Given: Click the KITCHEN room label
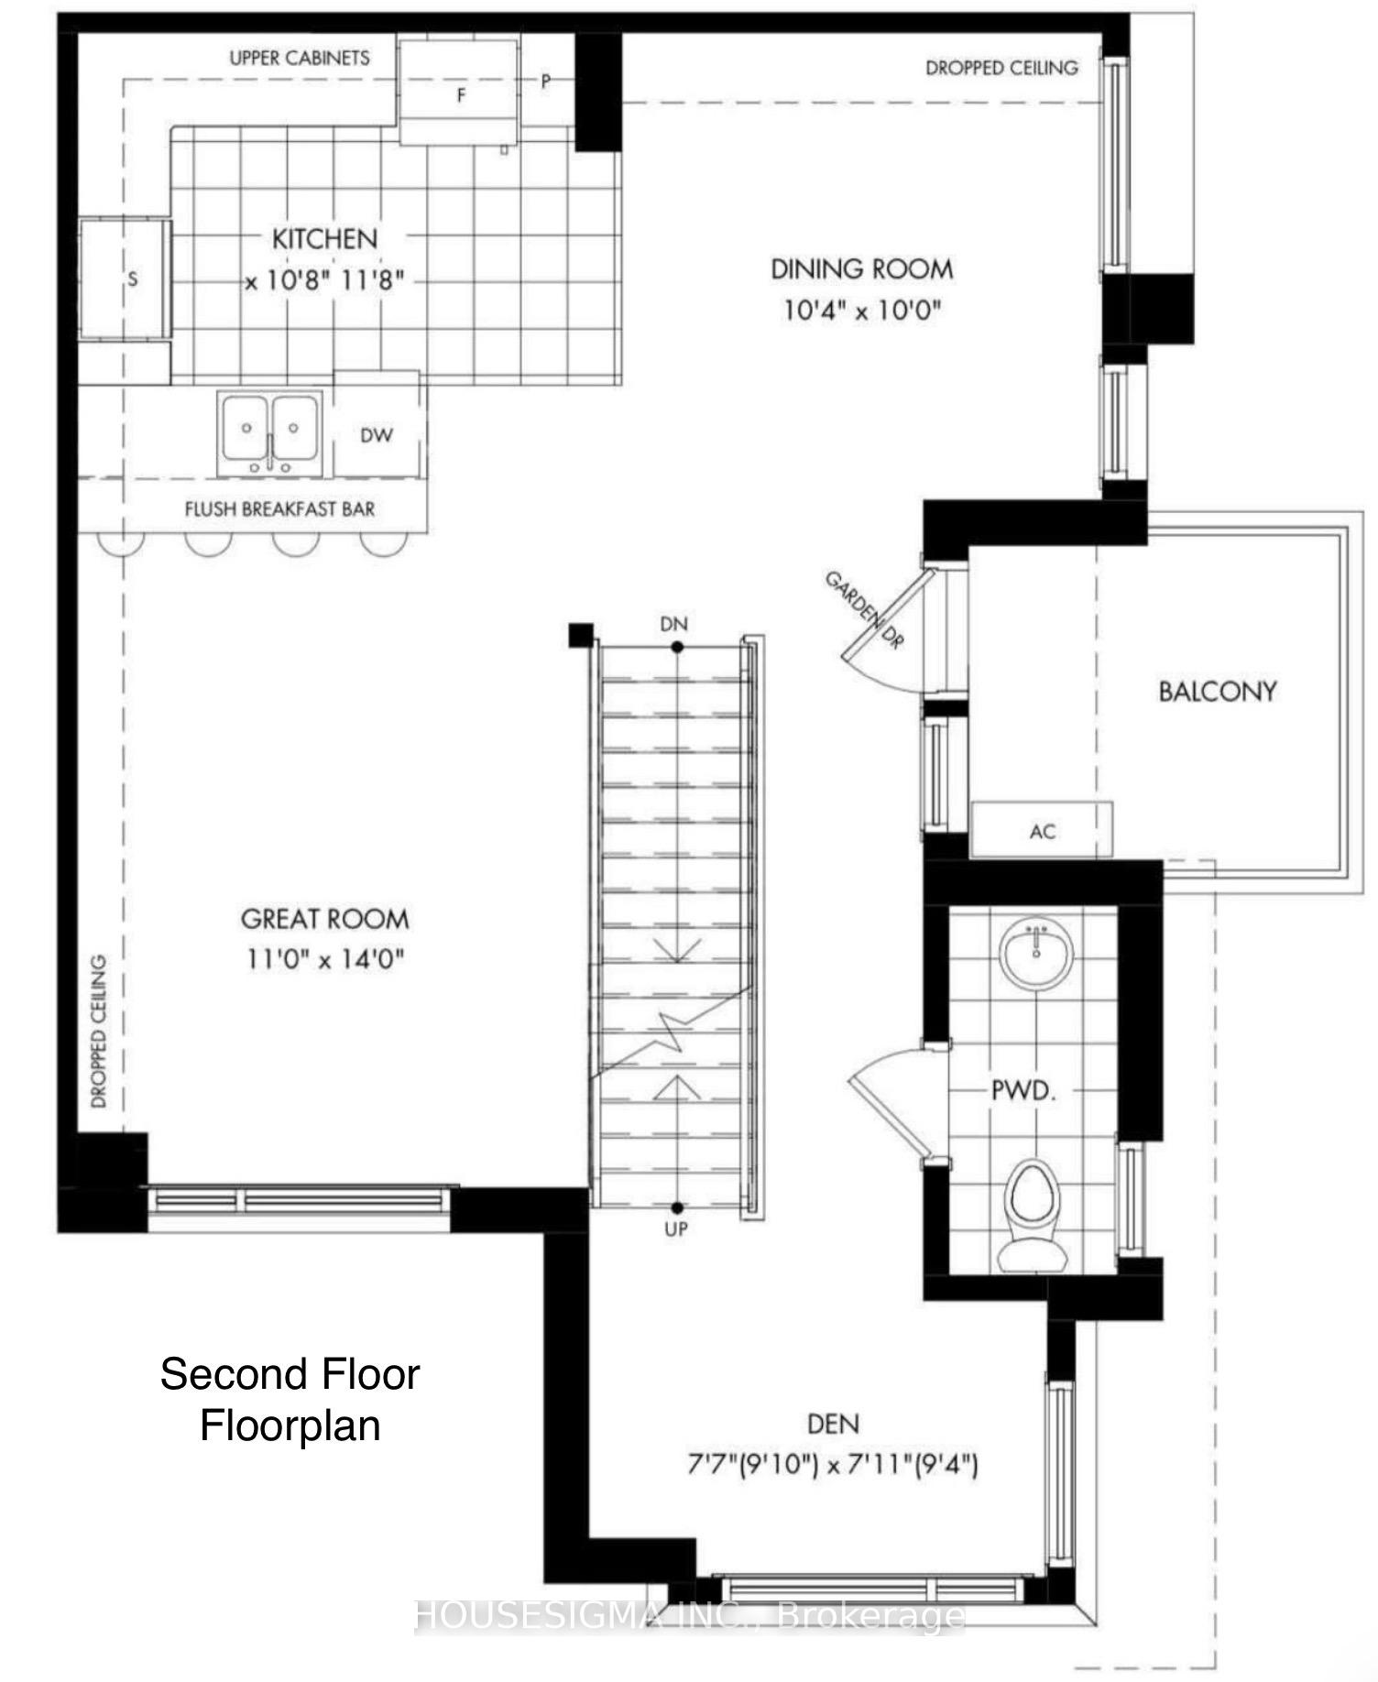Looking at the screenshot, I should (x=324, y=239).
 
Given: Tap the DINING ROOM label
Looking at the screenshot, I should (x=861, y=269).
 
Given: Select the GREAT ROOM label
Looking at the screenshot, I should (x=324, y=919).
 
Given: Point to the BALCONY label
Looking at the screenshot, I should (x=1217, y=691).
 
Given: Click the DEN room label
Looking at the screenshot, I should (x=833, y=1424).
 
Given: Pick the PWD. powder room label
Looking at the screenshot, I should (x=1023, y=1091).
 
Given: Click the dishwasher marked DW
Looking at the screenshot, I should (x=376, y=435).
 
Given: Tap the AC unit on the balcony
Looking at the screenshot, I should (x=1042, y=830).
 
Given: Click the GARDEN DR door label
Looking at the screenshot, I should (x=864, y=609).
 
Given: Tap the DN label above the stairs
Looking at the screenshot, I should (x=673, y=624).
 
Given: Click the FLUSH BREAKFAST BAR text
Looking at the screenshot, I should (x=279, y=509).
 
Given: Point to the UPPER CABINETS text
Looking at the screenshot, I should (x=300, y=58).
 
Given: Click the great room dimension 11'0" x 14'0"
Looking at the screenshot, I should (x=324, y=959).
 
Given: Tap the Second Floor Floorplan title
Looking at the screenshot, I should (x=290, y=1400).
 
